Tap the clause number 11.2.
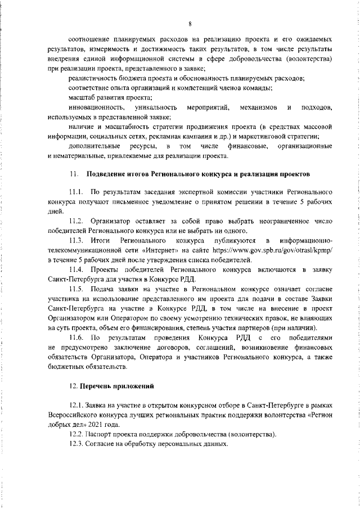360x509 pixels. [x=76, y=223]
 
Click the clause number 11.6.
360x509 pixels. [x=76, y=337]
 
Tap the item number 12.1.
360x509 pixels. [x=76, y=407]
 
